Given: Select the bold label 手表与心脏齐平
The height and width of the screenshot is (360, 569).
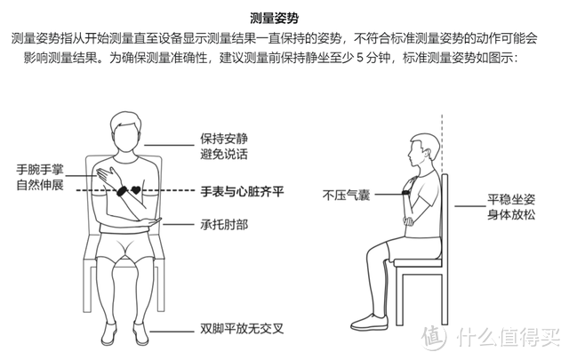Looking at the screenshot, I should pyautogui.click(x=241, y=191).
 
